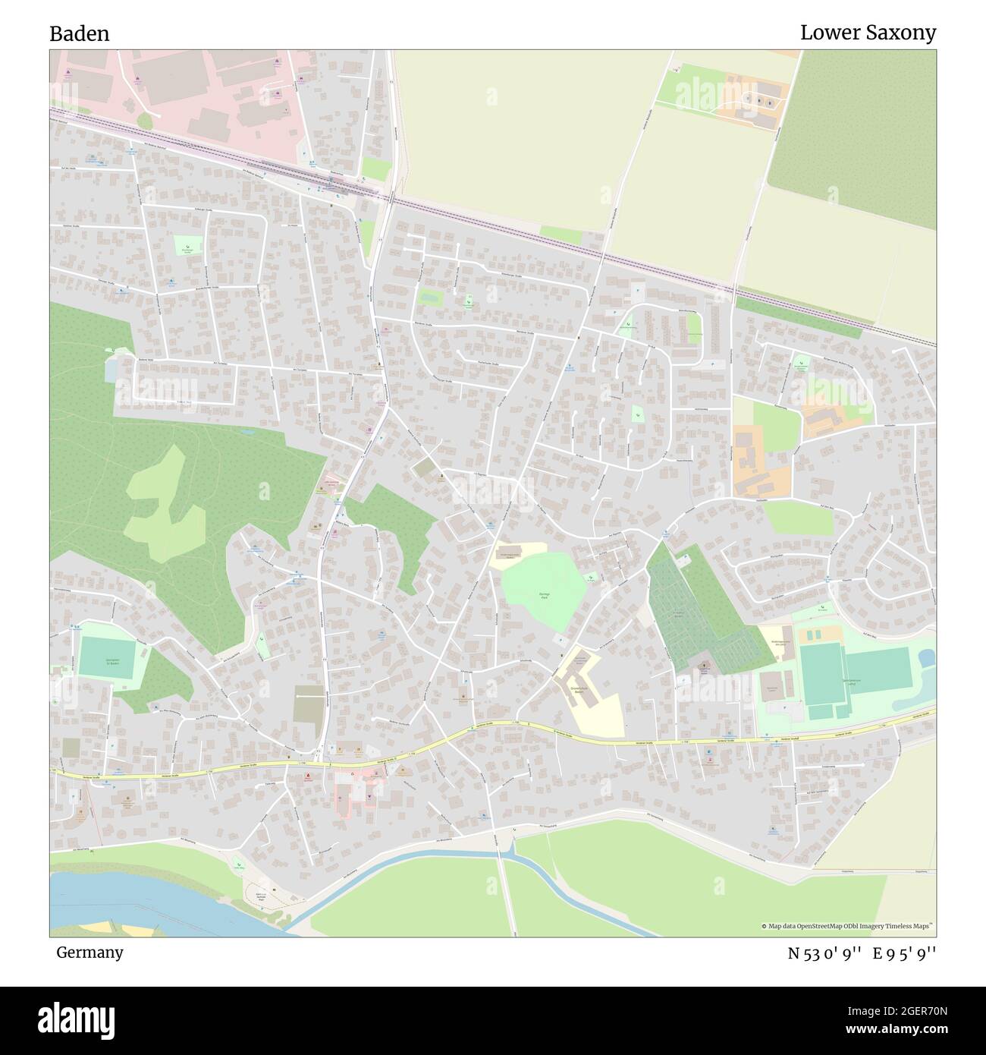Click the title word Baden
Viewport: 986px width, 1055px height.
click(x=80, y=33)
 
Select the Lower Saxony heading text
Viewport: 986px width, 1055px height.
click(x=868, y=33)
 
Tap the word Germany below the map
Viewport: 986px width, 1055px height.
click(x=89, y=952)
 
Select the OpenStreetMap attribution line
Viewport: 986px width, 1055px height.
click(x=848, y=926)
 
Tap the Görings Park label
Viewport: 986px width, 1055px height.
click(x=543, y=595)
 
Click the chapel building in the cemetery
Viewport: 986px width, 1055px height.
click(x=704, y=665)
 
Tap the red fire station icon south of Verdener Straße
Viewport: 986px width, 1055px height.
click(x=308, y=776)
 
